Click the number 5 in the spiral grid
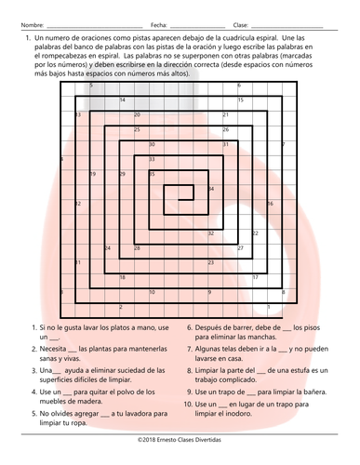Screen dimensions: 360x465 tap(92, 85)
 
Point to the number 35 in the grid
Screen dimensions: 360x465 tap(153, 174)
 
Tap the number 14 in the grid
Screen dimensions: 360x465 tap(123, 100)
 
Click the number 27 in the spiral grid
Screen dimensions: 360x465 tap(241, 247)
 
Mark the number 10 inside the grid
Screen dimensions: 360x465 tap(152, 292)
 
